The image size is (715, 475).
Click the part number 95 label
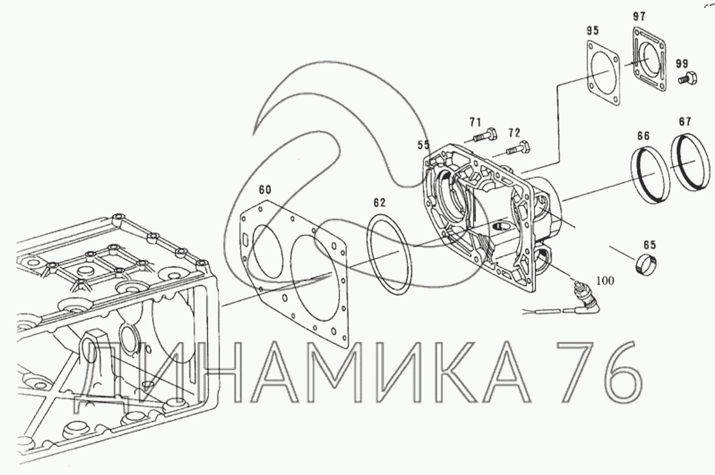593,31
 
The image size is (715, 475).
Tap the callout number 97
639,16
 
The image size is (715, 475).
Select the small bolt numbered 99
688,78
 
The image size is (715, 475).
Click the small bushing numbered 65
645,265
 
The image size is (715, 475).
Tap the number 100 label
605,281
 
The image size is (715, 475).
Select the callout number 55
423,145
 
